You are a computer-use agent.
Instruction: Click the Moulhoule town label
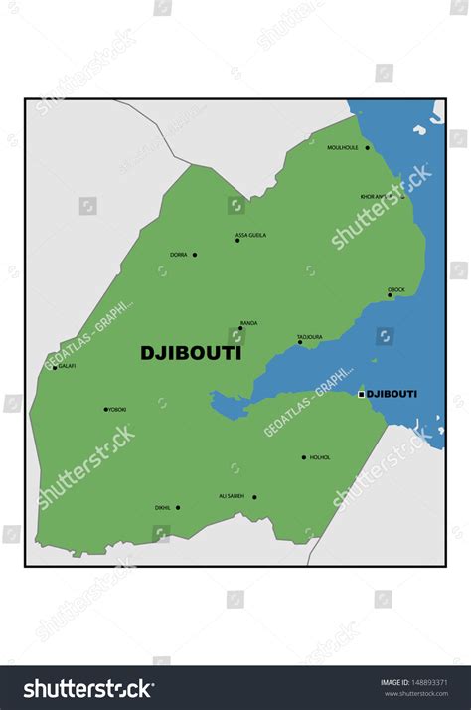(x=342, y=148)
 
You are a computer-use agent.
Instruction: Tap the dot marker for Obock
(x=390, y=295)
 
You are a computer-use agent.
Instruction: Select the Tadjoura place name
(x=310, y=337)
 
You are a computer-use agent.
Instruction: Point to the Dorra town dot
(x=194, y=255)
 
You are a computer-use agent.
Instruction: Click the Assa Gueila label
(x=250, y=236)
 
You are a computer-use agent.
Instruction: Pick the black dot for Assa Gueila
(x=236, y=241)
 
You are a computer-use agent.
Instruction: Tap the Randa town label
(x=248, y=323)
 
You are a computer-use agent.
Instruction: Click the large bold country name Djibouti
(x=191, y=352)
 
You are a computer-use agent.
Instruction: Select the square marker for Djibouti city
(x=361, y=395)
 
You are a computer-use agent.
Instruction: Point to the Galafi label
(x=67, y=366)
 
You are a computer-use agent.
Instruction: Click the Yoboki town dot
(x=105, y=409)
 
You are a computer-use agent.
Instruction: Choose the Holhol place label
(x=320, y=458)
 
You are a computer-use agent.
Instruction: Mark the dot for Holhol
(x=304, y=458)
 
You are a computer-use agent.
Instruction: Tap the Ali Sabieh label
(x=232, y=496)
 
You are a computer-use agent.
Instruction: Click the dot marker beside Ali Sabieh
(x=254, y=497)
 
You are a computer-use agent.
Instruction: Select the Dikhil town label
(x=163, y=508)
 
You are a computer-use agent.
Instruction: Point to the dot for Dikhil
(x=178, y=508)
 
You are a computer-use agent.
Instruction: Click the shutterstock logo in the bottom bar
(x=88, y=688)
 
